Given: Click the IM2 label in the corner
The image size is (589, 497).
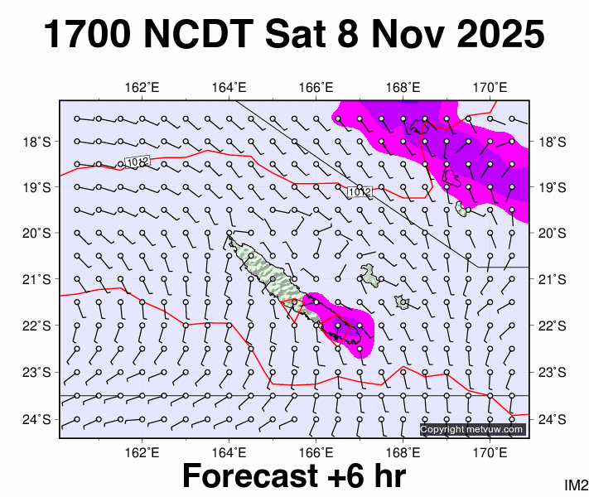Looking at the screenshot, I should coord(576,485).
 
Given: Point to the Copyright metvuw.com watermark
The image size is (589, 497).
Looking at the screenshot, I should coord(472,429).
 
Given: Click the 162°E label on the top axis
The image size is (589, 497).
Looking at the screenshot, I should coord(142,87).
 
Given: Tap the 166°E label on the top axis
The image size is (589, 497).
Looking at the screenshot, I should coord(316,87).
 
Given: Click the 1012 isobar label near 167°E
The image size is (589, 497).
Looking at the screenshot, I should coord(359,192).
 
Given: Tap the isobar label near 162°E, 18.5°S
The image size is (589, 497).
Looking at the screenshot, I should coord(137,161).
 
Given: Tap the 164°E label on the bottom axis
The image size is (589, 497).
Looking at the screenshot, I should coord(229,451).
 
